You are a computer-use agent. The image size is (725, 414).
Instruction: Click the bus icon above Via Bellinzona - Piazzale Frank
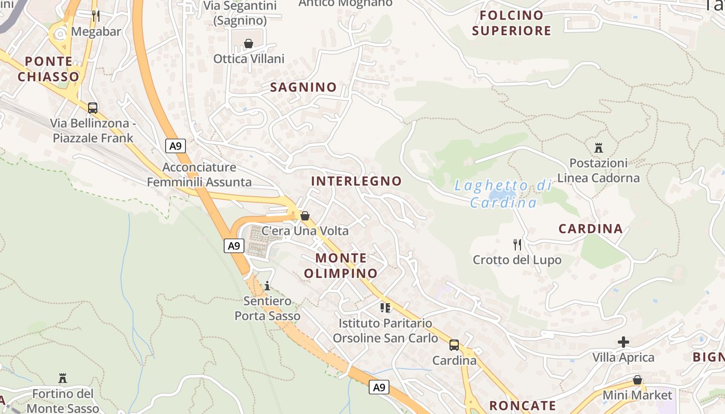pos(93,108)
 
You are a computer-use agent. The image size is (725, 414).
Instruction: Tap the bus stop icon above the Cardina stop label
pos(454,345)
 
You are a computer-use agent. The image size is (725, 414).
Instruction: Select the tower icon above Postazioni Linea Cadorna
pos(599,148)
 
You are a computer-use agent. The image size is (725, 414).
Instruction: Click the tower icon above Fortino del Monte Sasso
pos(63,378)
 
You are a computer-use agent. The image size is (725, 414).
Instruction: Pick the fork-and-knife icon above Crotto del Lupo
pos(517,244)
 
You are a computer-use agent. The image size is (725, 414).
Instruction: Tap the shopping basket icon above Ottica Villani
pos(249,43)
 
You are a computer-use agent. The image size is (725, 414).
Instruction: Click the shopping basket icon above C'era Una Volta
pos(305,216)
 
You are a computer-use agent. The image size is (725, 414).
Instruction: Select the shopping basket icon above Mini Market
pos(637,380)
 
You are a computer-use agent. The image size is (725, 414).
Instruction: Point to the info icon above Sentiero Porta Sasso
pos(267,286)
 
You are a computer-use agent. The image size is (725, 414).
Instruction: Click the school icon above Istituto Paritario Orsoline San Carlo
pos(385,308)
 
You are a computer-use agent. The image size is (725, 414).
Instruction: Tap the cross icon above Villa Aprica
pos(624,342)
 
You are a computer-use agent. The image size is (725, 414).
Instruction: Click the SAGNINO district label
pos(303,87)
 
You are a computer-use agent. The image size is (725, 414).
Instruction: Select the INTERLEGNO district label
pos(356,181)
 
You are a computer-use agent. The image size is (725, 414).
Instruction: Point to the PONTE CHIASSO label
pos(49,69)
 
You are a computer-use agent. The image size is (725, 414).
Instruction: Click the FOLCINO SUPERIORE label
pos(512,23)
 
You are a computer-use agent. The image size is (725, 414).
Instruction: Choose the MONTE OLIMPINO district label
pos(341,265)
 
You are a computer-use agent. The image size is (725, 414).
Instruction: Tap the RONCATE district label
pos(523,406)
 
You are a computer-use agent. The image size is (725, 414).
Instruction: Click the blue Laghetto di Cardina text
pos(503,194)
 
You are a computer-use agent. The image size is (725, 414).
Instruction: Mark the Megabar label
pos(96,32)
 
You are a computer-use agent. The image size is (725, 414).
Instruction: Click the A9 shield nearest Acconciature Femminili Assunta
pos(176,146)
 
